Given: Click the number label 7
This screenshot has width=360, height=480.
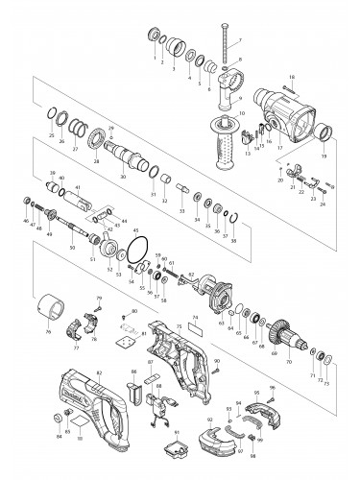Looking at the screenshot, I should (241, 40).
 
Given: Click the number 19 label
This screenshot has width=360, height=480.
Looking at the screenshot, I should (324, 156).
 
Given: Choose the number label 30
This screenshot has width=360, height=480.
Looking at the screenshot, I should (122, 178).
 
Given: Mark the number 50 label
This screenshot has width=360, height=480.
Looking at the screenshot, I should (73, 248).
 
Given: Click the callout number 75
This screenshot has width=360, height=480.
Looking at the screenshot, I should (178, 328).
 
